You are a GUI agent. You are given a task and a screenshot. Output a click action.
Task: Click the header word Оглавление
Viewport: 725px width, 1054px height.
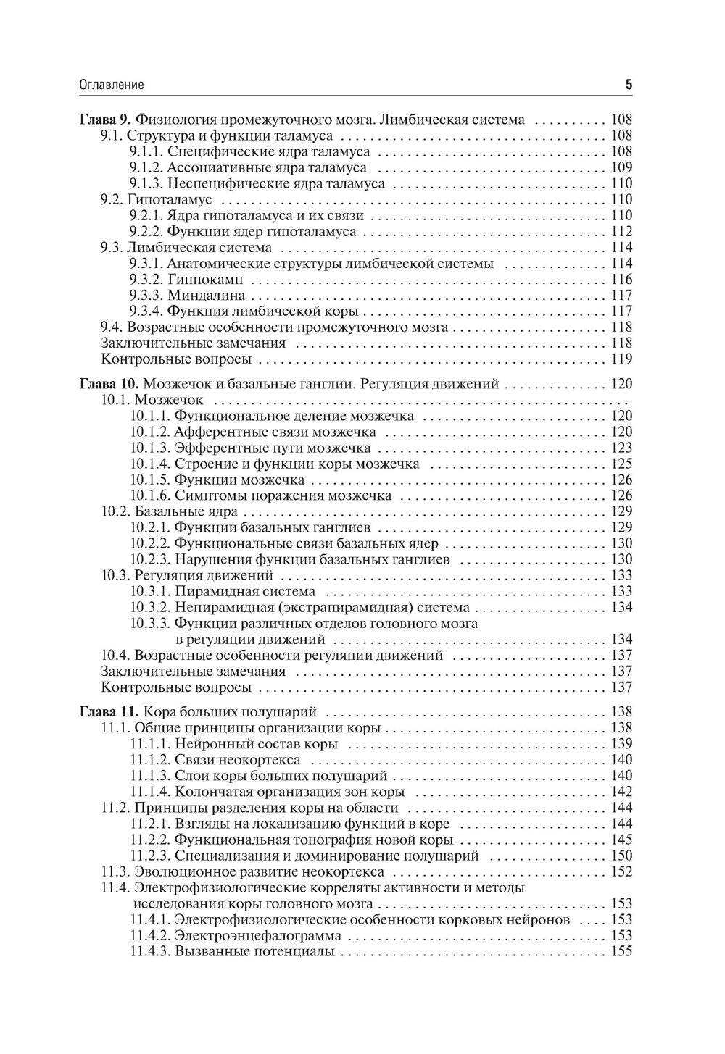111,85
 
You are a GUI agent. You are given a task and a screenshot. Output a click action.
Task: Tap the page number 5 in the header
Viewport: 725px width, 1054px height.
629,85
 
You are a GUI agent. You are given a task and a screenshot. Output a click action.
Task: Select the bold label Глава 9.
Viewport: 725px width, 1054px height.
105,120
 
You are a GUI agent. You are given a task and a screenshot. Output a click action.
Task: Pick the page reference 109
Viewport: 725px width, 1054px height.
621,167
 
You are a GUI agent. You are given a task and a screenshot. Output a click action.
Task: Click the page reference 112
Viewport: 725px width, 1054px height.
621,232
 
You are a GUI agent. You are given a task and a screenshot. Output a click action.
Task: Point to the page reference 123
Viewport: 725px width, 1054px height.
621,448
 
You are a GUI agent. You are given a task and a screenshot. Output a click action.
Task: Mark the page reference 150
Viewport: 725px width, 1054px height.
621,856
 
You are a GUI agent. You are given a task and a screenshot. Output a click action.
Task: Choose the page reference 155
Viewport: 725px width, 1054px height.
621,951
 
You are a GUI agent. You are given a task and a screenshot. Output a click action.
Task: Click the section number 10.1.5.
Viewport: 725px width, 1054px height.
151,480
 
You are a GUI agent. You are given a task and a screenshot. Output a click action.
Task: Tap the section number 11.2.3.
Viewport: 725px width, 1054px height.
151,856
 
